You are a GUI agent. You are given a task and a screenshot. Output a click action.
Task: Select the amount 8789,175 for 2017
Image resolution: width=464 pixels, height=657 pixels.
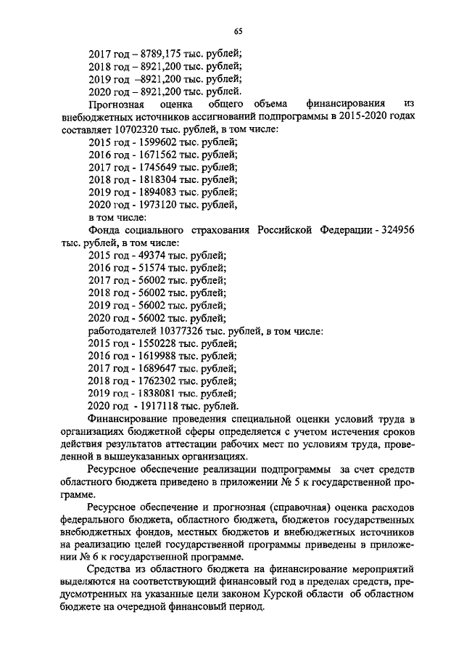click(157, 53)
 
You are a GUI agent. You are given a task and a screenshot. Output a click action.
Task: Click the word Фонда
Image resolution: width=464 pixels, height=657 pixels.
click(105, 231)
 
